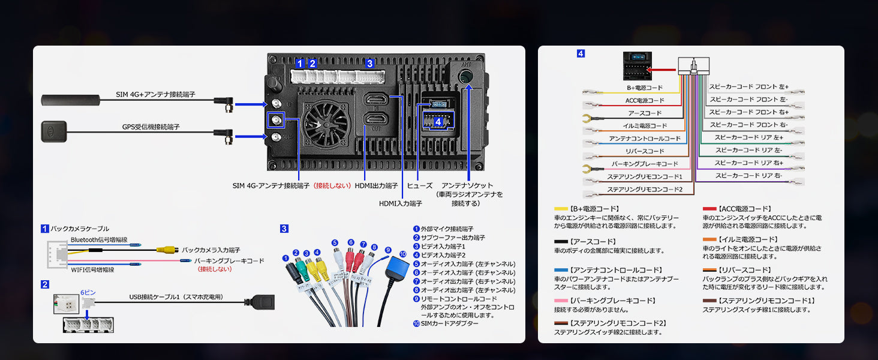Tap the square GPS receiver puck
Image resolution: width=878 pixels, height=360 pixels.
coord(53,131)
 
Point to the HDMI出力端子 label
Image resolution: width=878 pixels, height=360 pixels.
coord(376,186)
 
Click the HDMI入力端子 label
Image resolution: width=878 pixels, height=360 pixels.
coord(400,203)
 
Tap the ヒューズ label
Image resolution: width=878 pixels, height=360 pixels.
coord(420,186)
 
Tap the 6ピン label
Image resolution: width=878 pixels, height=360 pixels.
coord(88,291)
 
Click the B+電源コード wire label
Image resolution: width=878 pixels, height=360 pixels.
coord(644,88)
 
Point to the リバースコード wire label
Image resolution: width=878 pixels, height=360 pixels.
coord(645,151)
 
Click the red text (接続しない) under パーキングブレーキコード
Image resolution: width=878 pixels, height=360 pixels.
coord(215,269)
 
